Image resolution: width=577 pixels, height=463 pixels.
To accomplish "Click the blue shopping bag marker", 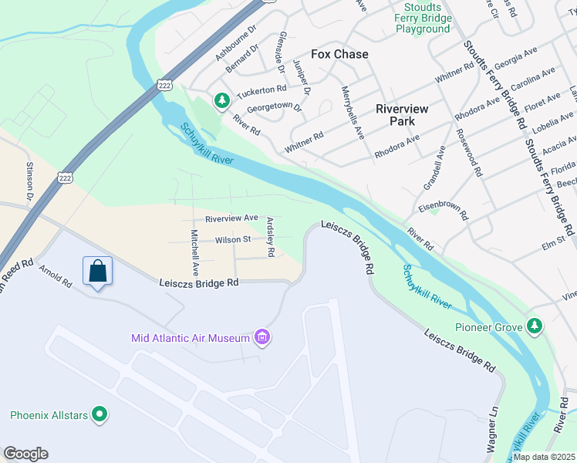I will coord(98,272).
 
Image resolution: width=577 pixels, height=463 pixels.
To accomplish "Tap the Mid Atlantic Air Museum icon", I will coord(262,337).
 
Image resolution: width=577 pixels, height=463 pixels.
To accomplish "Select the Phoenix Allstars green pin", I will coord(99,414).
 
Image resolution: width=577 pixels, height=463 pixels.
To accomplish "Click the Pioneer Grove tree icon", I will coord(534,326).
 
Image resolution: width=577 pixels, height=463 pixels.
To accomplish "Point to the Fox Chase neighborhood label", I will coord(339,54).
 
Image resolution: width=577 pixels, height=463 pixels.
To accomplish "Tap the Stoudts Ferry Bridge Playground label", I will coord(422,18).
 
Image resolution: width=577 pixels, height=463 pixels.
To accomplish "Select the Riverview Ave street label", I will coord(231,218).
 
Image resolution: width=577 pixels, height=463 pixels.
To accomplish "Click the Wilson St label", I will coord(233,240).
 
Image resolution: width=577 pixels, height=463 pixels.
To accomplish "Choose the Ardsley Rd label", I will coord(270,237).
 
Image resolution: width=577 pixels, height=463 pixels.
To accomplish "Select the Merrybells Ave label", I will coord(353,112).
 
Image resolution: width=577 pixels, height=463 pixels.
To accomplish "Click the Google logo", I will coord(25,454).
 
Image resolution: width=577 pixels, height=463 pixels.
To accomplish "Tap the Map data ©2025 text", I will coord(544,457).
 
